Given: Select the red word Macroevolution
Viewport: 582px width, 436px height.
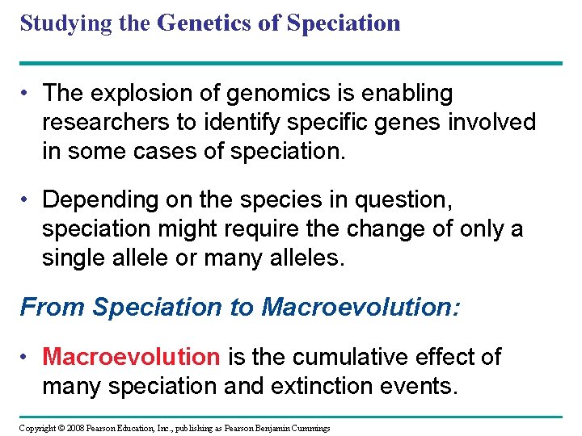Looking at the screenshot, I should [x=130, y=357].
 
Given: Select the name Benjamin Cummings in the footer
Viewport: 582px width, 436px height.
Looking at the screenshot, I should [x=289, y=427].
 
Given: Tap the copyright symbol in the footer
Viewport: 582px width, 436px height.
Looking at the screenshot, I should [x=61, y=427].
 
